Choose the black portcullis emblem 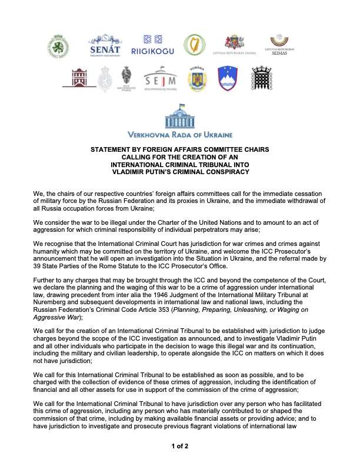[262, 79]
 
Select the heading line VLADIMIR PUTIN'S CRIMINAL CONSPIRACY [180, 172]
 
